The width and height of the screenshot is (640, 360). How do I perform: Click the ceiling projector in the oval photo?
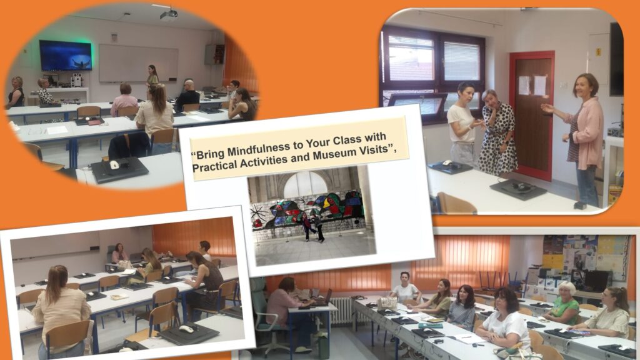coord(169,14)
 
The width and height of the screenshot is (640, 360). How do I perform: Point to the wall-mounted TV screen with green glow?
coord(65,56)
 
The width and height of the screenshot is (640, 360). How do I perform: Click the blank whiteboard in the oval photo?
coord(138,63)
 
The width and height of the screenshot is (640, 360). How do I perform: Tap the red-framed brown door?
coord(532,114)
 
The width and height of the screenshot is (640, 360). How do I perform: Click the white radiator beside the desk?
coord(341,310)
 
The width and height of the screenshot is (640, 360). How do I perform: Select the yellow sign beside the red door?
coord(599,52)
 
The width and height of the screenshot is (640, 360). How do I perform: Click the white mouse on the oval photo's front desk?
coord(114,165)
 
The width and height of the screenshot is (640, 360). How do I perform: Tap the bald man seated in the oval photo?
coord(187,96)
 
